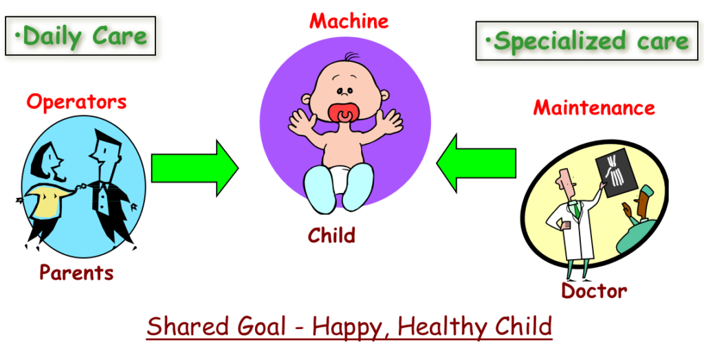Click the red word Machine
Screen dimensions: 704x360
(x=349, y=21)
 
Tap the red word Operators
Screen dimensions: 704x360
(x=76, y=102)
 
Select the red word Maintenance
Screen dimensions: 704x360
(x=594, y=108)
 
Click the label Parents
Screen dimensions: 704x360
(x=76, y=273)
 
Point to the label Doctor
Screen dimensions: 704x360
(x=594, y=291)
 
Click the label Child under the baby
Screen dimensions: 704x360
(x=331, y=235)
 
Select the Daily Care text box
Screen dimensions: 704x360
(x=80, y=36)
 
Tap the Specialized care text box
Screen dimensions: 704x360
(x=587, y=41)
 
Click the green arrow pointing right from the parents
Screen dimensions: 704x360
(x=195, y=168)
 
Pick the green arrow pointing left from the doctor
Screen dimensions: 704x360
(x=476, y=163)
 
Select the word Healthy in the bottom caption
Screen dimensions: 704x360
(x=442, y=327)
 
